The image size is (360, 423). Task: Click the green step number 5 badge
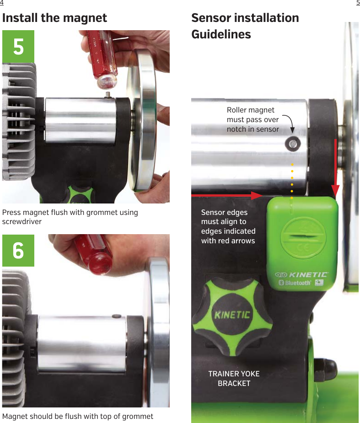pyautogui.click(x=18, y=46)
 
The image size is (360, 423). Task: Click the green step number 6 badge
pyautogui.click(x=18, y=251)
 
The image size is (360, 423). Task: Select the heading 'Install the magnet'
pyautogui.click(x=54, y=18)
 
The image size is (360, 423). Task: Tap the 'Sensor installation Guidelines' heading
pyautogui.click(x=245, y=26)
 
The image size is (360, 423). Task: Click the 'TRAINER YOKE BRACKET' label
pyautogui.click(x=234, y=379)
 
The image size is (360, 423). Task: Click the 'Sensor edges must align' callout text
pyautogui.click(x=228, y=226)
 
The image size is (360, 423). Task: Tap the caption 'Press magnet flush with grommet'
pyautogui.click(x=70, y=217)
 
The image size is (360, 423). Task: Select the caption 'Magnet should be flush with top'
pyautogui.click(x=78, y=416)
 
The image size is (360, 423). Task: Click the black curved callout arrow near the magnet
pyautogui.click(x=288, y=122)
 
